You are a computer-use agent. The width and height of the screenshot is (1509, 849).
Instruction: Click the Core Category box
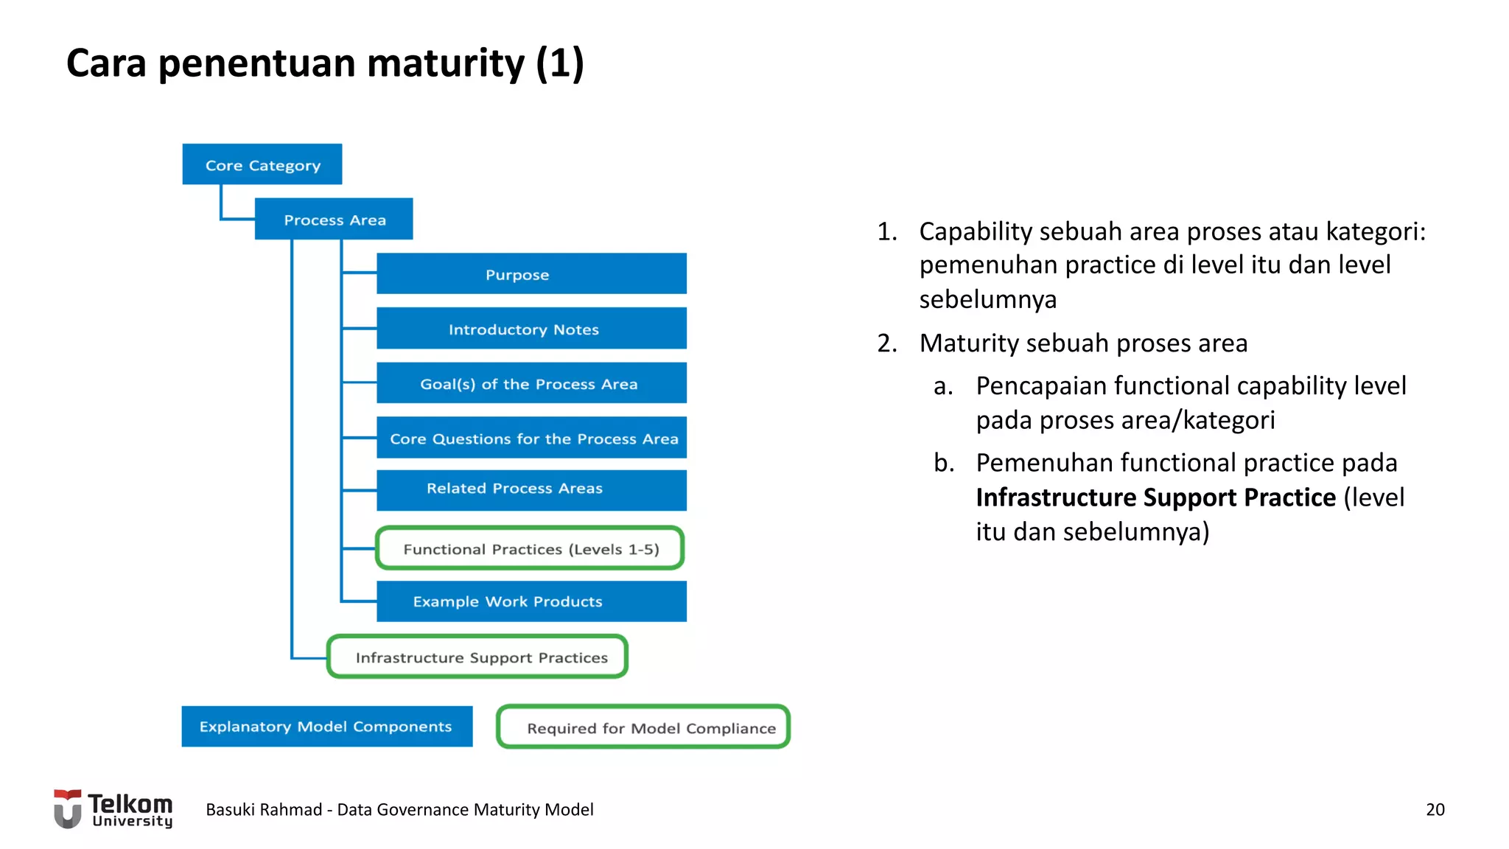click(262, 164)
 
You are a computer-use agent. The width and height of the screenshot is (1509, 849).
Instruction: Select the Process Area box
click(334, 219)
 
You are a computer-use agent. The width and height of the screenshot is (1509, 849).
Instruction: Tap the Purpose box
click(531, 273)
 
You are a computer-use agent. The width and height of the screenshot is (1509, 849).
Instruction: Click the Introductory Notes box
click(531, 329)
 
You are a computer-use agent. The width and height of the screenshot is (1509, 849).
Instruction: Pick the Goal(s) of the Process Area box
click(531, 383)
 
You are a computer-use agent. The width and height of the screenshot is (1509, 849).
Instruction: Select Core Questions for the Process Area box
click(531, 438)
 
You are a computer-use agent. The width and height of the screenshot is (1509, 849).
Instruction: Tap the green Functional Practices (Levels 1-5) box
click(530, 548)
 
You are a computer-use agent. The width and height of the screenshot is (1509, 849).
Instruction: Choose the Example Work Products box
click(531, 601)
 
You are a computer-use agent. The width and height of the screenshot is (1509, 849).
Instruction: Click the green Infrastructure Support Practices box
click(477, 657)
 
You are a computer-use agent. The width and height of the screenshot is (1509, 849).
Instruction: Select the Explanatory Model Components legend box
click(326, 727)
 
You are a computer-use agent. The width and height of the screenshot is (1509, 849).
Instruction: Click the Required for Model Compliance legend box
click(643, 727)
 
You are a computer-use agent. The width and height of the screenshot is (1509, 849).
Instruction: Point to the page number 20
click(1435, 809)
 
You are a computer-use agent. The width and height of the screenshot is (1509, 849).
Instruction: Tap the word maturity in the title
click(445, 63)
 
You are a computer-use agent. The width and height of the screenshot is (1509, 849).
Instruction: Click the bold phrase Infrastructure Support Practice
click(1155, 497)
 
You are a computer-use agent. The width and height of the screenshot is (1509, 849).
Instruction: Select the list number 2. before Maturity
click(887, 343)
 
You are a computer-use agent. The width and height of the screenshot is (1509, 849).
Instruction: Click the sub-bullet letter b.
click(943, 463)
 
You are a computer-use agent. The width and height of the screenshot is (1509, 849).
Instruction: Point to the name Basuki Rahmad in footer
click(264, 809)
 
